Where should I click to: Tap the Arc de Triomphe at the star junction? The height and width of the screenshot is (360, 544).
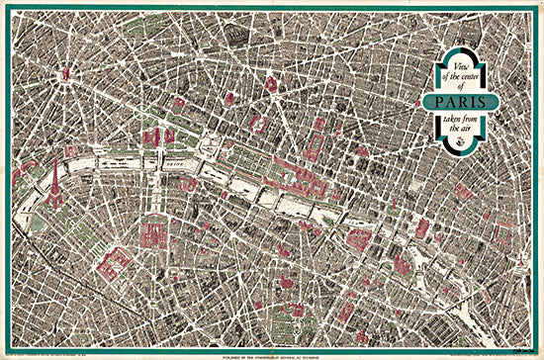point(66,74)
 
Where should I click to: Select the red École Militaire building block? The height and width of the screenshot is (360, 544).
point(115,262)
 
